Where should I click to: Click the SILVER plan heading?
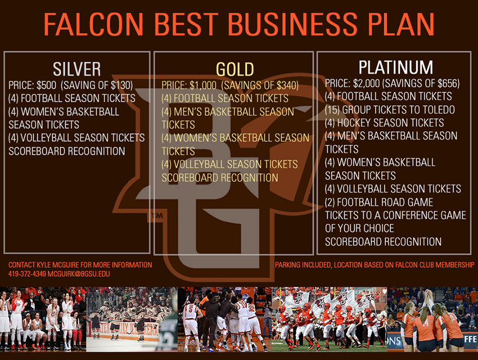click(77, 69)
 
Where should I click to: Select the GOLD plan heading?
click(235, 69)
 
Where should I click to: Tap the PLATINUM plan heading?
click(396, 67)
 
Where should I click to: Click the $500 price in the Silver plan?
click(46, 85)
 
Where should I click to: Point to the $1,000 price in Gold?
click(202, 85)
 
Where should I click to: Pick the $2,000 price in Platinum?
click(367, 83)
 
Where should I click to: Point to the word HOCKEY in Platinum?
click(354, 123)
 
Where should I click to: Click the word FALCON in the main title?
click(93, 24)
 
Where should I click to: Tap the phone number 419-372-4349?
click(27, 274)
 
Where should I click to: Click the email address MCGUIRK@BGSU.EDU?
click(79, 274)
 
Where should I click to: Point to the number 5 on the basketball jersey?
click(191, 308)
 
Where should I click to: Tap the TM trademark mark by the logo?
click(157, 216)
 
